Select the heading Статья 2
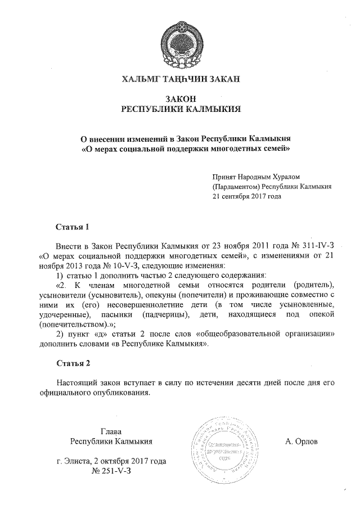(x=73, y=362)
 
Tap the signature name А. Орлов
(x=301, y=442)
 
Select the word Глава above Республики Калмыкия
(x=111, y=431)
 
